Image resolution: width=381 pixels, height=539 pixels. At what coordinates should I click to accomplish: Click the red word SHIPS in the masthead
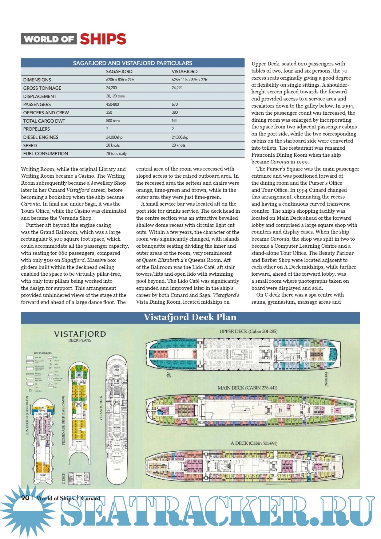coord(103,39)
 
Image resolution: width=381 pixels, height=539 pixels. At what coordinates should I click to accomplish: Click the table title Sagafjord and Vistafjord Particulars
coord(133,63)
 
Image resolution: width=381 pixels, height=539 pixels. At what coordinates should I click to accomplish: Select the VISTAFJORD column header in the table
coord(185,72)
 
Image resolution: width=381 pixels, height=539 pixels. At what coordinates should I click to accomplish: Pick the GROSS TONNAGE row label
coord(42,88)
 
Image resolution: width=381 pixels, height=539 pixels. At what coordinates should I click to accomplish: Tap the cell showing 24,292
coord(177,88)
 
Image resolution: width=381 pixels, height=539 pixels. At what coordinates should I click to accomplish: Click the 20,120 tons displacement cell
coord(115,96)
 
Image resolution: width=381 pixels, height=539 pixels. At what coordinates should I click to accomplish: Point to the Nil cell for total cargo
coord(174,121)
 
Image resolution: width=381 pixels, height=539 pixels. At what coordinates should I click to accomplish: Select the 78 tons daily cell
coord(116,154)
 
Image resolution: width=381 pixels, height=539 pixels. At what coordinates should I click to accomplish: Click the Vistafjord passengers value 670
coord(175,104)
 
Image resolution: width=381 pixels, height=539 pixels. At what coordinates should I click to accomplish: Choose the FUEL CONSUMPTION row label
coord(46,154)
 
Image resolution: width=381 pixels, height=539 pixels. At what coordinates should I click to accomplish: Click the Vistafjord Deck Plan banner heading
coord(190,317)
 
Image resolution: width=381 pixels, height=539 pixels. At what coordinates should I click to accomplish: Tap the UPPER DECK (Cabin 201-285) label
coord(248,332)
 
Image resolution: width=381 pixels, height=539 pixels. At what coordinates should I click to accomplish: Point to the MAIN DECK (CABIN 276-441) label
coord(247,388)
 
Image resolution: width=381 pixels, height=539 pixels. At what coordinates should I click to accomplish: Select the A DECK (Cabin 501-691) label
coord(254,443)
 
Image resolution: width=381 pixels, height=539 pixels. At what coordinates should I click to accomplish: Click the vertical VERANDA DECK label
coord(101,408)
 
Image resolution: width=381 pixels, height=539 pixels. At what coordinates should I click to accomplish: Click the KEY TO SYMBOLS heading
coord(43,353)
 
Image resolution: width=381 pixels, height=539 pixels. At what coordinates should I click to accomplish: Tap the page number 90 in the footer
coord(25,498)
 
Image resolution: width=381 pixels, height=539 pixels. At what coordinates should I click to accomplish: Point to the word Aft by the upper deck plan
coord(169,375)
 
